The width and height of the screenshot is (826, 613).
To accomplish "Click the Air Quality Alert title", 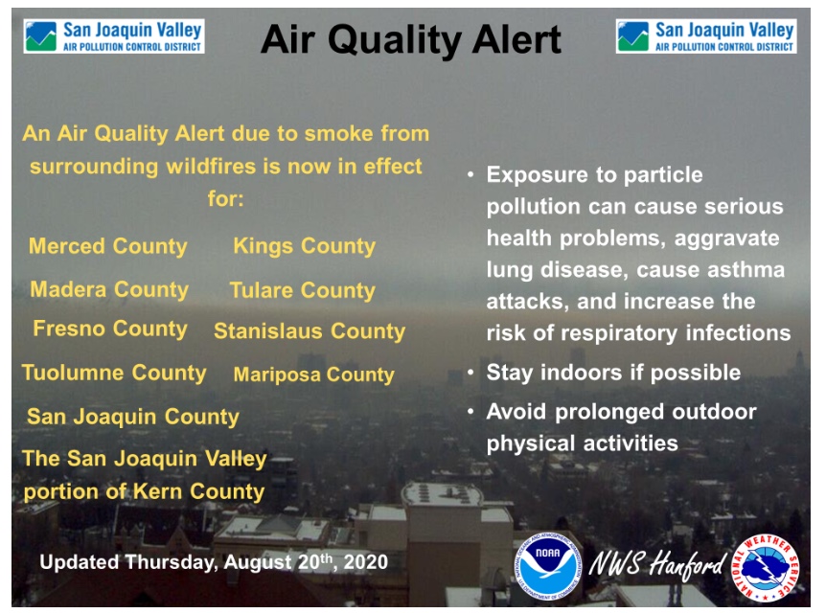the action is (x=411, y=40).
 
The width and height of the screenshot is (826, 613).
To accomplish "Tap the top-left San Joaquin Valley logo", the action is (x=114, y=36).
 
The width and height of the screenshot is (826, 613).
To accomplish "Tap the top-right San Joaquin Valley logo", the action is (x=706, y=36).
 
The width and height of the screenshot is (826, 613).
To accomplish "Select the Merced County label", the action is (x=108, y=246).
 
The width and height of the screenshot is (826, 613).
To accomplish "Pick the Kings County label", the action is (x=305, y=246).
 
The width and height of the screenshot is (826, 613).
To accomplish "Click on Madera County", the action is (x=109, y=289).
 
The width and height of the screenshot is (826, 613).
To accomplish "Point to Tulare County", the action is (x=303, y=291).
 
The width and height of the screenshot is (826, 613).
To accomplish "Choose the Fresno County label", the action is (x=110, y=329).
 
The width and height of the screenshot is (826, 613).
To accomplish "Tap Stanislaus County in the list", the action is (x=310, y=331).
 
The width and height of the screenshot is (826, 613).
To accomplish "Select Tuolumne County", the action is (x=114, y=373).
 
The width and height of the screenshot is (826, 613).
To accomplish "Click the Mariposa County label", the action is (x=314, y=375).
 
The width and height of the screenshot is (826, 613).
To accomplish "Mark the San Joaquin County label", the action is (x=133, y=417).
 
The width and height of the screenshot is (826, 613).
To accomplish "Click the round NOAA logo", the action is (x=548, y=567).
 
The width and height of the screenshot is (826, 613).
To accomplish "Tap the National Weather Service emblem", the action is (x=766, y=568).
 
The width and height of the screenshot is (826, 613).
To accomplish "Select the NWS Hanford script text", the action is (x=657, y=564).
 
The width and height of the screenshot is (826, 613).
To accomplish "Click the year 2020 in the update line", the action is (x=366, y=562).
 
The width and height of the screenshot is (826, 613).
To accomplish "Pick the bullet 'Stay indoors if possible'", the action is (x=613, y=373).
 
